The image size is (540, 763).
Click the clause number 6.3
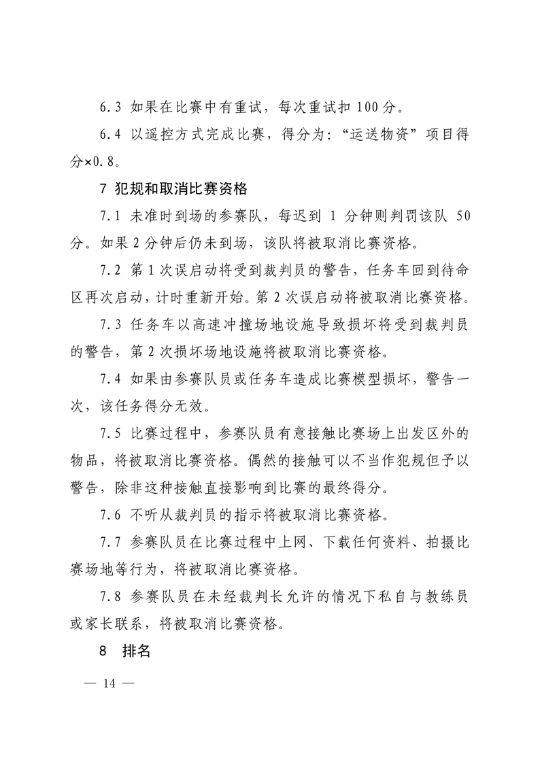click(x=109, y=107)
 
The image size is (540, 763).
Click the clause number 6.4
click(x=109, y=135)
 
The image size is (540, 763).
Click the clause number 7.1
click(x=109, y=216)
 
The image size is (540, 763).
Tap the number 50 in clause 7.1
click(x=462, y=216)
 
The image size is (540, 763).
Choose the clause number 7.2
click(x=109, y=271)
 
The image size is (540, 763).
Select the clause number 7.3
click(x=109, y=325)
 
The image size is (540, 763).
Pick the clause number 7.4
click(x=109, y=379)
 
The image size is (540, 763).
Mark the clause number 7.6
click(x=109, y=513)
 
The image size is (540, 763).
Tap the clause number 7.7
click(x=109, y=541)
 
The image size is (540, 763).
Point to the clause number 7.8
click(x=109, y=596)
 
